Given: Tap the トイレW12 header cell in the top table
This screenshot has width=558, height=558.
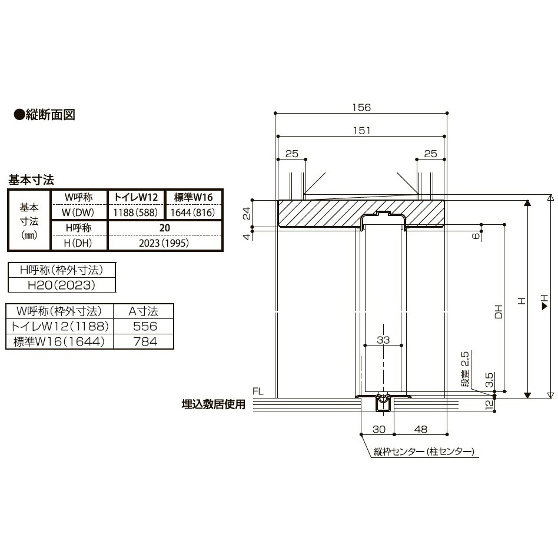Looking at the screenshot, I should point(135,197).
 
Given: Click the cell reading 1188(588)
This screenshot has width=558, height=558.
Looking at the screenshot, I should point(135,212).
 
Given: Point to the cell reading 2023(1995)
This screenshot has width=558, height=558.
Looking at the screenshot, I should point(164,242).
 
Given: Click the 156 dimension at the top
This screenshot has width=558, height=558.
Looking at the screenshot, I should point(361,107).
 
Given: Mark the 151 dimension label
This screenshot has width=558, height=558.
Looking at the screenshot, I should point(361,131).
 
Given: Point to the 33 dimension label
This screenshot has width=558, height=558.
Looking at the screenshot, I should point(383,339).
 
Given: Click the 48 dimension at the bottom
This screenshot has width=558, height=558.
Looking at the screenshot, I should point(420,429).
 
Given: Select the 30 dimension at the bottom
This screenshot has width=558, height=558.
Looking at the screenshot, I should point(378,429).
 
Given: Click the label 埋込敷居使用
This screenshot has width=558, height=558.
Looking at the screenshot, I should point(213,405).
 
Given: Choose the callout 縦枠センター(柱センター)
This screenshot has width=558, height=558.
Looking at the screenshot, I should point(424,452).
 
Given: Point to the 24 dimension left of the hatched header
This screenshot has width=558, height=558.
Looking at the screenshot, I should point(247,212).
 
